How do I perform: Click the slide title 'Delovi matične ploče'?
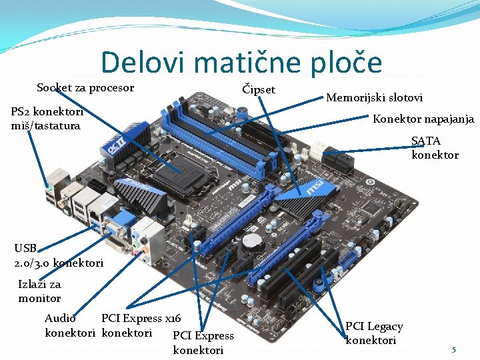241,63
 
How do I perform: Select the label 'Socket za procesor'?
85,88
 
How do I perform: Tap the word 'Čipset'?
259,89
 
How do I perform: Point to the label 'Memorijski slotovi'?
374,97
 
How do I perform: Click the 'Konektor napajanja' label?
423,119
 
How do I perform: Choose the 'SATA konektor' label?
435,148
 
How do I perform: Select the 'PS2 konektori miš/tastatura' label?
46,119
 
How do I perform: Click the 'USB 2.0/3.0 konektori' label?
58,256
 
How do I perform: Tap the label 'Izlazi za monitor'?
39,291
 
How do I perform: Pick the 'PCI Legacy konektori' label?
373,333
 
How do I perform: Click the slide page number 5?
453,349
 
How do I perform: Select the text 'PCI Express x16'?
141,319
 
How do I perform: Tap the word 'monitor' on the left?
39,298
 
